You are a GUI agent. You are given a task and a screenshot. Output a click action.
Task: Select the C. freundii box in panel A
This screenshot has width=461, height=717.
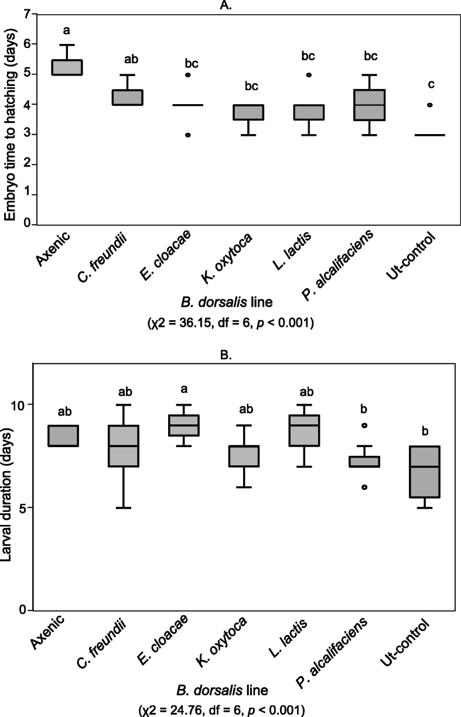(128, 97)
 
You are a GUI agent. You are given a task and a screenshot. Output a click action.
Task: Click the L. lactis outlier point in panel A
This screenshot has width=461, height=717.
(309, 75)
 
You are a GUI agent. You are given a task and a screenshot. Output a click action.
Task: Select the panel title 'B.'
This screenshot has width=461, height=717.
(231, 353)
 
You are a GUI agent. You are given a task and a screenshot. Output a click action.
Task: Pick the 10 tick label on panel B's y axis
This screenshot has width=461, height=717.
(21, 405)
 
